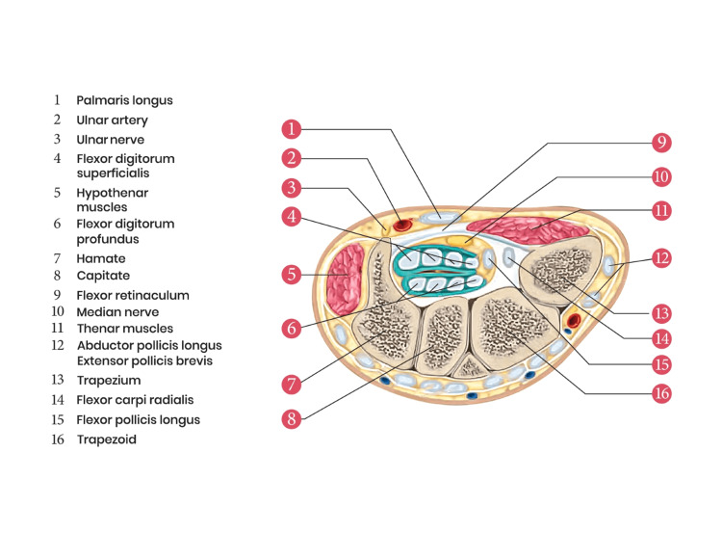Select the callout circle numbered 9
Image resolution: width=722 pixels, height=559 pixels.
[659, 143]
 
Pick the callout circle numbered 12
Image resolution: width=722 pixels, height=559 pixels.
[659, 259]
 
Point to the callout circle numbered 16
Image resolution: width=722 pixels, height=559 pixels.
[659, 393]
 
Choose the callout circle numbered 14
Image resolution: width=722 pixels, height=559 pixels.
[659, 338]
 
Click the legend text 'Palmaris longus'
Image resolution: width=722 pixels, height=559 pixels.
[125, 100]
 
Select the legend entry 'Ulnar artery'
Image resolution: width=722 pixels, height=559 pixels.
[113, 120]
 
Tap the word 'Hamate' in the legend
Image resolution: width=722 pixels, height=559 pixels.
[101, 259]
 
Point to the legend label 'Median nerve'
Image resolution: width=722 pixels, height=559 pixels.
[118, 312]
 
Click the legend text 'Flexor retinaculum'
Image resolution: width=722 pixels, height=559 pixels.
[133, 295]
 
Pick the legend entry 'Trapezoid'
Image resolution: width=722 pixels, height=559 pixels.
[107, 439]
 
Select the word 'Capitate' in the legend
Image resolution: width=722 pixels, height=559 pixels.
[104, 277]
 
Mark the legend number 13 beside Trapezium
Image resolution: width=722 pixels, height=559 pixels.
[57, 379]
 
